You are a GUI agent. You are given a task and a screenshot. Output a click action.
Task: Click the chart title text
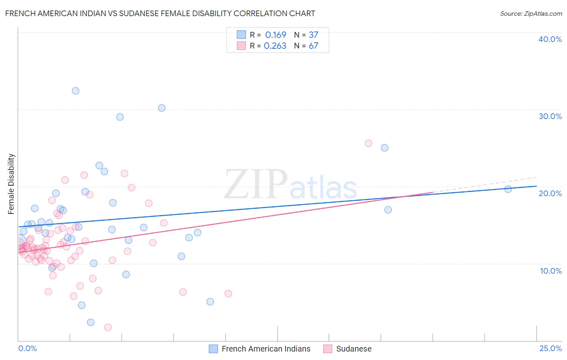(160, 13)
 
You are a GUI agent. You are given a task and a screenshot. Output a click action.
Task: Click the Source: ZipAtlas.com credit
(531, 13)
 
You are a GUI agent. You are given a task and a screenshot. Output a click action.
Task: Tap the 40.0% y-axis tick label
(550, 39)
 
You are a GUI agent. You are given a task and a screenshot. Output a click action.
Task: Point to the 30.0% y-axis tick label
(550, 116)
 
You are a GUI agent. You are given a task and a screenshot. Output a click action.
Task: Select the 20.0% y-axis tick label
(550, 193)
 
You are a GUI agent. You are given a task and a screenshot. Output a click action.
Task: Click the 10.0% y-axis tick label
(551, 271)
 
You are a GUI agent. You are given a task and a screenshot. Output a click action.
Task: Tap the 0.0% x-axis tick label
(27, 348)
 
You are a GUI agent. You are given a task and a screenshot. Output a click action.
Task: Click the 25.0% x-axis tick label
(550, 348)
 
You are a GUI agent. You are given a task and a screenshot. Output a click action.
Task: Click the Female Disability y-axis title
(11, 184)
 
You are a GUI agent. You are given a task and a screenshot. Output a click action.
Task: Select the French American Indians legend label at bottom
(266, 349)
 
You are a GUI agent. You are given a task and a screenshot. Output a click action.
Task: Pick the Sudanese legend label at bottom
(354, 349)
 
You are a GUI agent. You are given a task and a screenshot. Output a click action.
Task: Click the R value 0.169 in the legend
(275, 35)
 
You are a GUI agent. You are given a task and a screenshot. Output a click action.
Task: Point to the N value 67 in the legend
(313, 46)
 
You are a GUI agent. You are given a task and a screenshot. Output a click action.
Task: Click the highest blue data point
(75, 91)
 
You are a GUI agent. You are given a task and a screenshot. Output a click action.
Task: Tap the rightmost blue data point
(508, 189)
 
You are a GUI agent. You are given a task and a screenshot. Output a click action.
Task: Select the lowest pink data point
(108, 327)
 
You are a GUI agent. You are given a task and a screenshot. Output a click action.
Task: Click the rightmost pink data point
(368, 143)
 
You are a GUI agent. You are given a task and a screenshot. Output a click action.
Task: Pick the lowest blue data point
(91, 322)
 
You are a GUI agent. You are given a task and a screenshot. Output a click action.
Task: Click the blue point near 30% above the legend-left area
(162, 108)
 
